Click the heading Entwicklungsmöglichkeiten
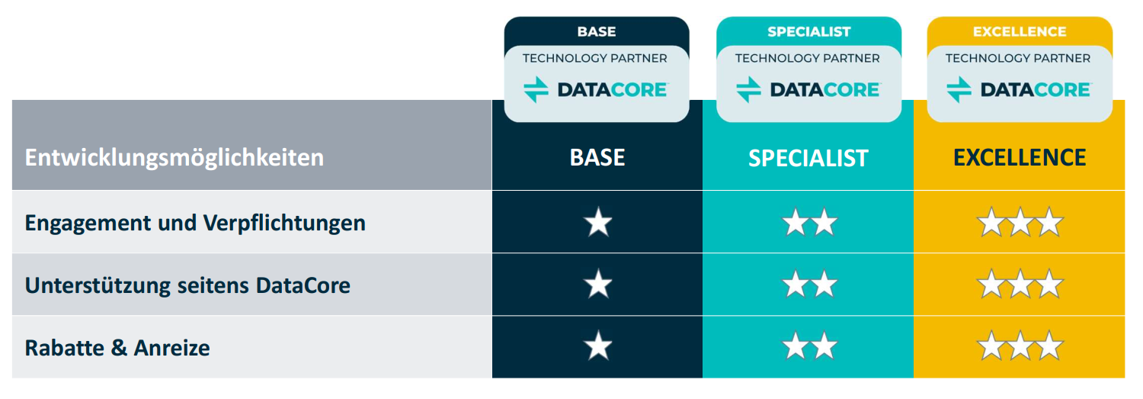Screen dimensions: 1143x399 174,158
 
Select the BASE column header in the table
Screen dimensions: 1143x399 597,157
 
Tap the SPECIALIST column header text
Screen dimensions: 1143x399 808,158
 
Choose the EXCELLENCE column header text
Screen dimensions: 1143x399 1020,157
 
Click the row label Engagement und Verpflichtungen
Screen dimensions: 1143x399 195,224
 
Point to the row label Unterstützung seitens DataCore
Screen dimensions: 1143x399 187,285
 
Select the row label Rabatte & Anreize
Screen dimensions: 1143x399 117,348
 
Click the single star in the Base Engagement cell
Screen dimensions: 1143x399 597,222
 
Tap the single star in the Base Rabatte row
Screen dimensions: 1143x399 597,346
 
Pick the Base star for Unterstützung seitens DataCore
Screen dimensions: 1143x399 597,284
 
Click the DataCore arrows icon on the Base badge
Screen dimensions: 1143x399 536,90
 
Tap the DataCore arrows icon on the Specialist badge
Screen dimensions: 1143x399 748,90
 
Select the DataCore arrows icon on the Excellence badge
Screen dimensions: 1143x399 959,90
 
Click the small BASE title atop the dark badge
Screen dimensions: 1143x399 597,32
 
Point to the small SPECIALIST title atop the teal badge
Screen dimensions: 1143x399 808,32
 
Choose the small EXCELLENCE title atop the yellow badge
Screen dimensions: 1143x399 1020,32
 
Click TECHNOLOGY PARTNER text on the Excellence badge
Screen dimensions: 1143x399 1017,58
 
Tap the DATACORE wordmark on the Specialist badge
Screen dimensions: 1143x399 824,90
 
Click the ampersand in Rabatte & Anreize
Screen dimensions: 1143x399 119,348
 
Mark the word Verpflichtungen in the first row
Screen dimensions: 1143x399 284,224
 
